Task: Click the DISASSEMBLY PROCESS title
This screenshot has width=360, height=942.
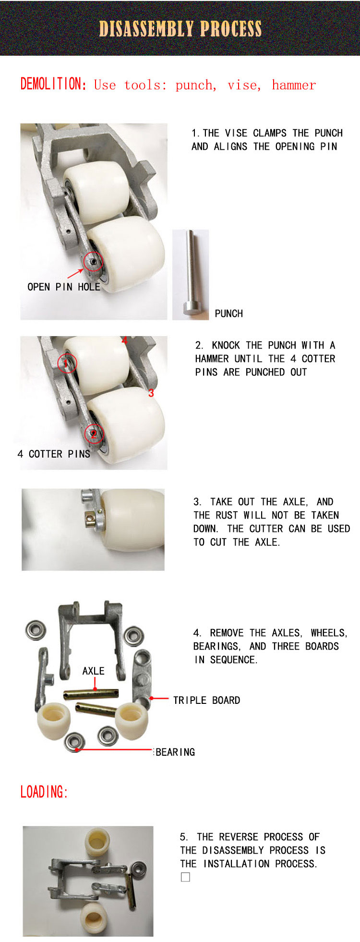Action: click(x=180, y=29)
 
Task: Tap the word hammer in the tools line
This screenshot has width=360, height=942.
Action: click(x=294, y=85)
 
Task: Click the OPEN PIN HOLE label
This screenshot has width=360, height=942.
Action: click(x=64, y=287)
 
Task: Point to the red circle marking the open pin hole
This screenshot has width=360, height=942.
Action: click(x=93, y=262)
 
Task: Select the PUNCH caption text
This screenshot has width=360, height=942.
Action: click(x=229, y=314)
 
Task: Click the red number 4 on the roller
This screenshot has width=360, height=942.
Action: click(x=124, y=340)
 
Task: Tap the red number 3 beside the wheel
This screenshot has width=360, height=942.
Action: click(x=151, y=393)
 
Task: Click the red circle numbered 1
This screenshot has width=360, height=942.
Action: click(x=66, y=363)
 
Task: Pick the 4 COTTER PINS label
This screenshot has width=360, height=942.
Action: click(x=54, y=454)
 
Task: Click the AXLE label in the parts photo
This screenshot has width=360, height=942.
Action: click(x=93, y=671)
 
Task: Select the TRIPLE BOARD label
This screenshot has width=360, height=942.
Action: click(x=206, y=700)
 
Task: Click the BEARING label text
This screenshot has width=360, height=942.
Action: click(x=175, y=752)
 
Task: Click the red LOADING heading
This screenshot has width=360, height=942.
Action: click(x=44, y=792)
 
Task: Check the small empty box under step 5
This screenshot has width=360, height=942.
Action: click(x=185, y=877)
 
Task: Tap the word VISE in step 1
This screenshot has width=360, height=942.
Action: click(x=236, y=133)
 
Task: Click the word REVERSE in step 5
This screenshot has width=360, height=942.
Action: click(x=239, y=837)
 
